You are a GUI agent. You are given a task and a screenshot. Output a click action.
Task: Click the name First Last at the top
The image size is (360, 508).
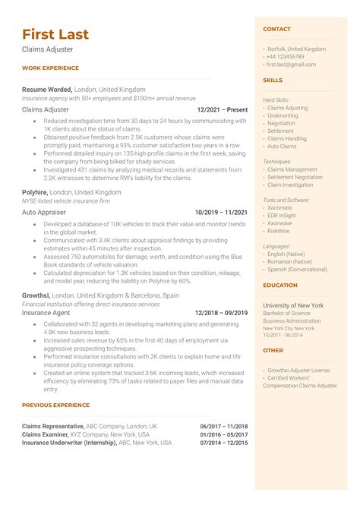pyautogui.click(x=55, y=34)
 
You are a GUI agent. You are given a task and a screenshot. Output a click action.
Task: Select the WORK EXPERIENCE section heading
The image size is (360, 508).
pyautogui.click(x=50, y=68)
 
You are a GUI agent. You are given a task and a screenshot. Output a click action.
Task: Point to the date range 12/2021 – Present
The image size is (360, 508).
pyautogui.click(x=221, y=109)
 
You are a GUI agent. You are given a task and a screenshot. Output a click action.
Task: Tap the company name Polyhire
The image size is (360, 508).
pyautogui.click(x=36, y=193)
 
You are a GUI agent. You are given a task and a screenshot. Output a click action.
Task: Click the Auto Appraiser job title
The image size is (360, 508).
pyautogui.click(x=44, y=213)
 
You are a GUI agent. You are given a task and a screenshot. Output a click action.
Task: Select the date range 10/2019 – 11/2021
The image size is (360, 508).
pyautogui.click(x=221, y=213)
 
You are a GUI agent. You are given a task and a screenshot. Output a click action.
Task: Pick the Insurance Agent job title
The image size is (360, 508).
pyautogui.click(x=46, y=312)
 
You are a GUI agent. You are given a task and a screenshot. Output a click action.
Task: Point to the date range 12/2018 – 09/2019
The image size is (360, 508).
pyautogui.click(x=221, y=312)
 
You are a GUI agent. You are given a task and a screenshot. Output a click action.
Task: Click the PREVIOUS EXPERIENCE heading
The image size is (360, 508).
pyautogui.click(x=57, y=405)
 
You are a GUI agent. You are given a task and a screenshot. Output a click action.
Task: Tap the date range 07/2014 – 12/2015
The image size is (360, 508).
pyautogui.click(x=224, y=443)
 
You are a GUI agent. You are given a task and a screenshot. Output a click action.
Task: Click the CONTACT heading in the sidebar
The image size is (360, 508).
pyautogui.click(x=276, y=29)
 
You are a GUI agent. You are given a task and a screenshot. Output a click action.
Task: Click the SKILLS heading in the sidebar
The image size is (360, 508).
pyautogui.click(x=273, y=79)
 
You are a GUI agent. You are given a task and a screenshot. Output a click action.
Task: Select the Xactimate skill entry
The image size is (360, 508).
pyautogui.click(x=279, y=207)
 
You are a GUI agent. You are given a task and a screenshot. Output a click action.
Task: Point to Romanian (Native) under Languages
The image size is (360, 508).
pyautogui.click(x=289, y=260)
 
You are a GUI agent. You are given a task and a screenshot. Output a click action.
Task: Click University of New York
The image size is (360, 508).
pyautogui.click(x=293, y=305)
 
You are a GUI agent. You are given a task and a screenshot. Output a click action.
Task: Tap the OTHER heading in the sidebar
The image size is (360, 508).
pyautogui.click(x=273, y=351)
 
